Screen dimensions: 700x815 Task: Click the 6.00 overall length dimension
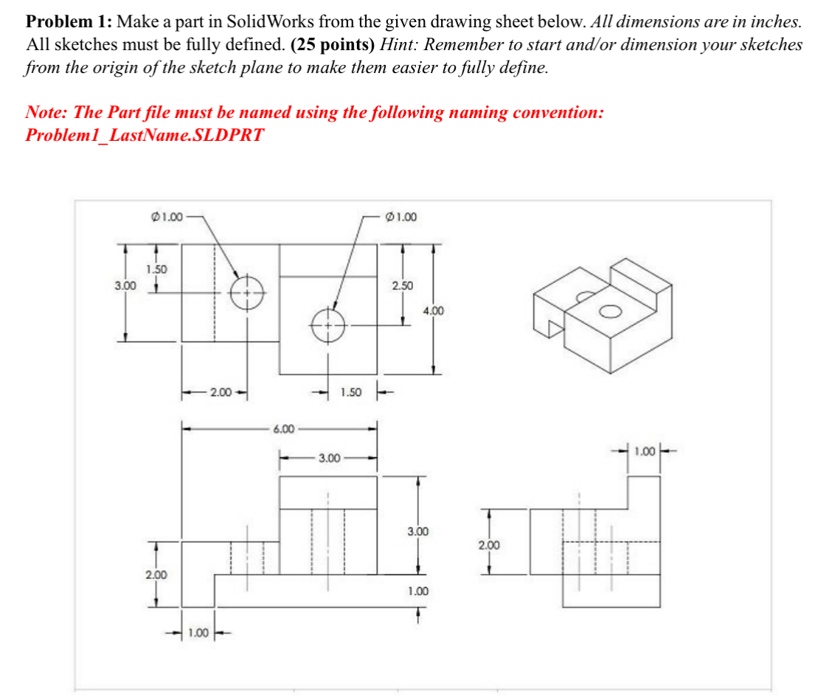284,428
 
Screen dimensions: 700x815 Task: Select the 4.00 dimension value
433,311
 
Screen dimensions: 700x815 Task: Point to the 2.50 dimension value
403,285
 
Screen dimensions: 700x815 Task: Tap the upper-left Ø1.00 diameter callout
166,217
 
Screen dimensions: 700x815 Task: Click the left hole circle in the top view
246,292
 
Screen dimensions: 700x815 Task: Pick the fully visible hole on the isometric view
610,311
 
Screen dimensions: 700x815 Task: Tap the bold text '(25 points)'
333,44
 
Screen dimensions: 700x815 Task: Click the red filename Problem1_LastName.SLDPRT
144,135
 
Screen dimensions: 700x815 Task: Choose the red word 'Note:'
47,113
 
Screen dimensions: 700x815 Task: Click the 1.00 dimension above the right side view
644,449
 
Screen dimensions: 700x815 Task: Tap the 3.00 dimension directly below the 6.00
329,459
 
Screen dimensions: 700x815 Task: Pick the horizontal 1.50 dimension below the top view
350,392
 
